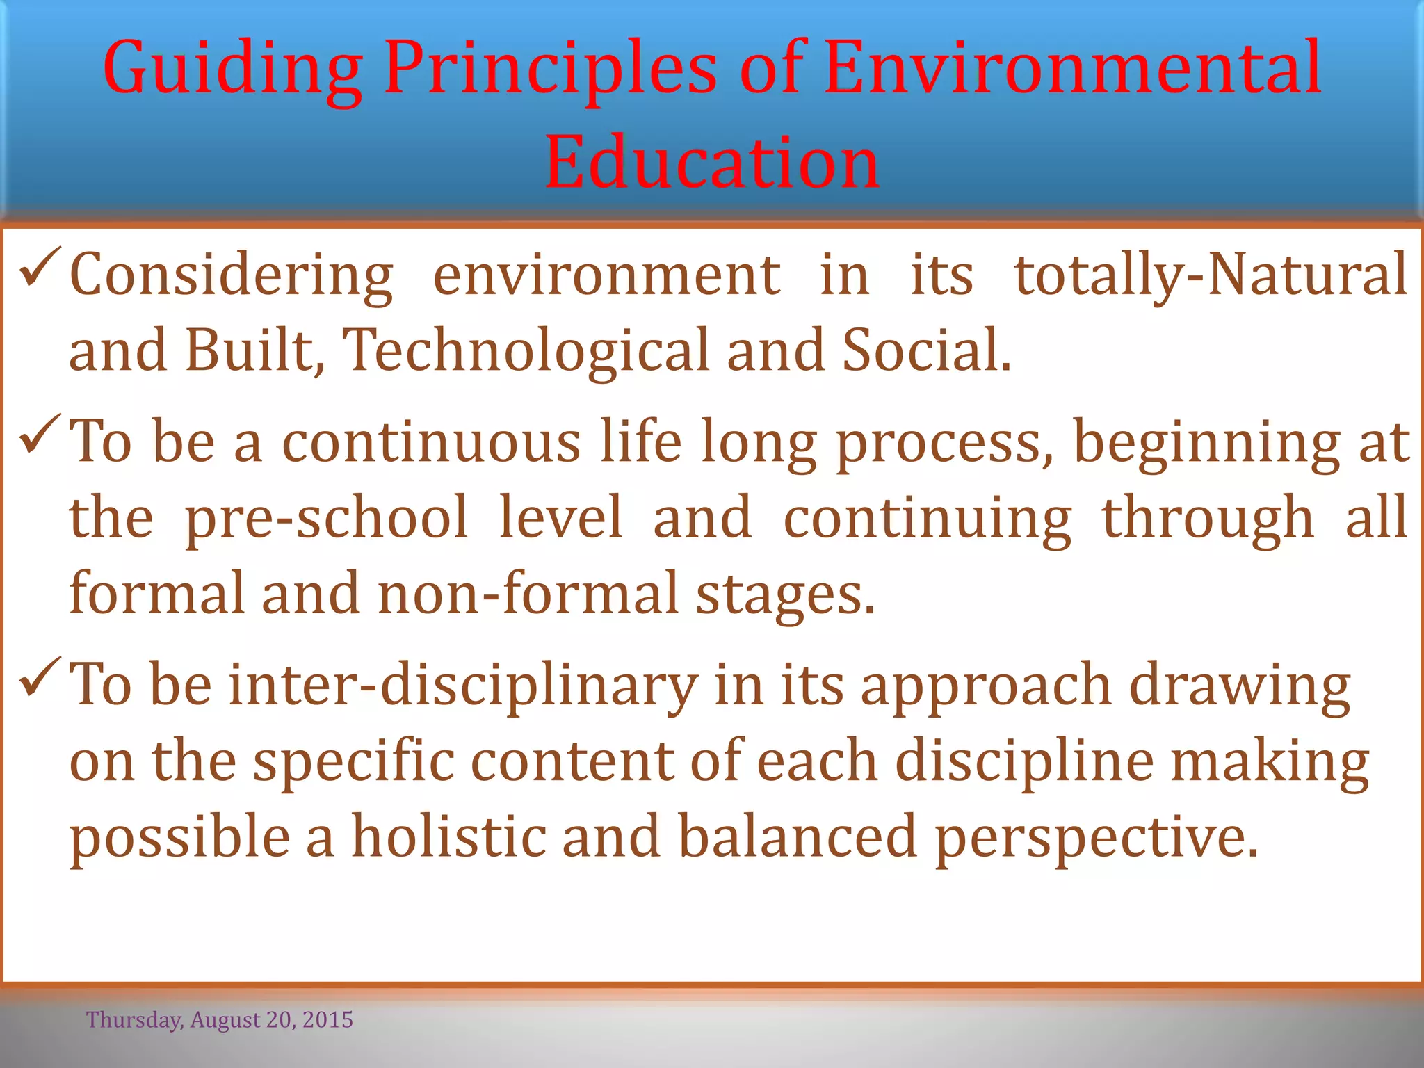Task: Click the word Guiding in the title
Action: [233, 70]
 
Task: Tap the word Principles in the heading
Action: [549, 70]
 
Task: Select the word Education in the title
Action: [712, 163]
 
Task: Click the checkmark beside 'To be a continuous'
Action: [42, 434]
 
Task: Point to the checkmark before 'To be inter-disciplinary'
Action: [42, 677]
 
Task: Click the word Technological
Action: [527, 350]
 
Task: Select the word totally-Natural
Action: [1211, 275]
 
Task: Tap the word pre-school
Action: [326, 517]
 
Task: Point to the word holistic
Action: [448, 837]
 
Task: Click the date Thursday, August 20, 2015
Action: [220, 1020]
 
